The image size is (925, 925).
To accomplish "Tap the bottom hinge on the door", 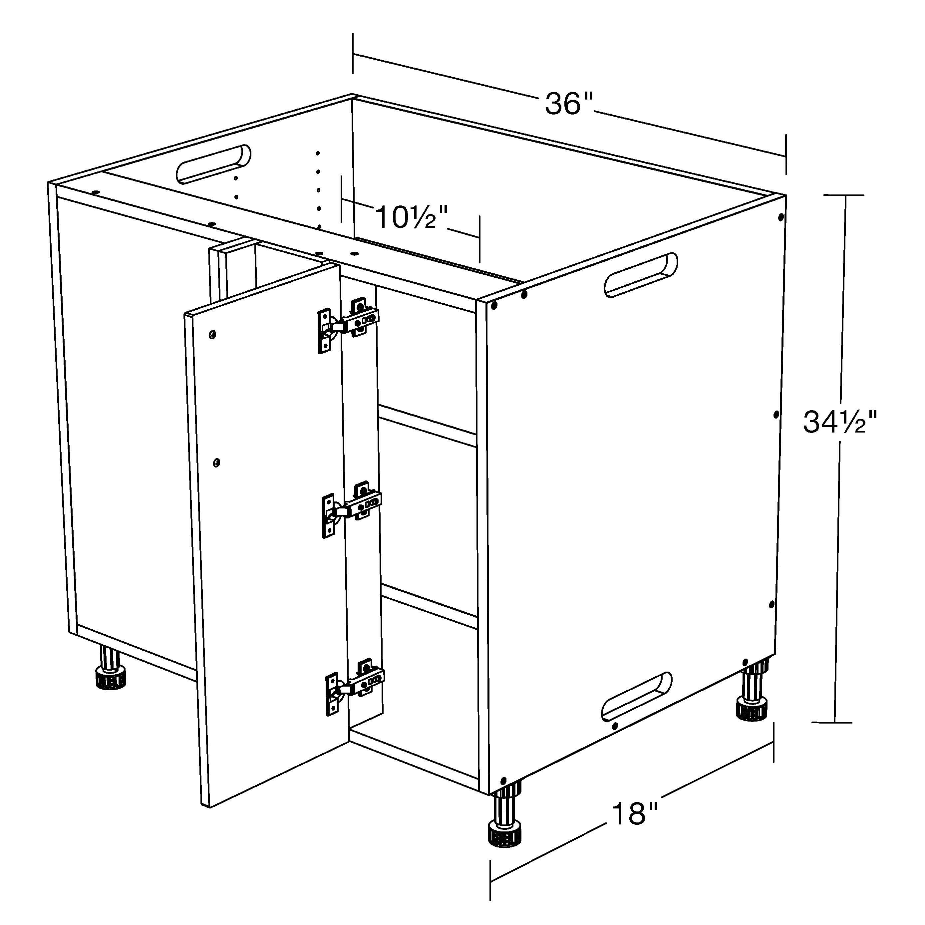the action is coord(355,686).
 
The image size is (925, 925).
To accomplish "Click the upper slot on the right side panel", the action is coord(641,274).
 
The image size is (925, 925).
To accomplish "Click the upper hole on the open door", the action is coord(212,334).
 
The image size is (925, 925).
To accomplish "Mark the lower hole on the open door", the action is coord(216,462).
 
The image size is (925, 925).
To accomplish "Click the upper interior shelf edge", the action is coord(428,426).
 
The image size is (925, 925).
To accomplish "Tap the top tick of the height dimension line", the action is coord(844,195).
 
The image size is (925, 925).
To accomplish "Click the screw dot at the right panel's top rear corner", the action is coord(781,218).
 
